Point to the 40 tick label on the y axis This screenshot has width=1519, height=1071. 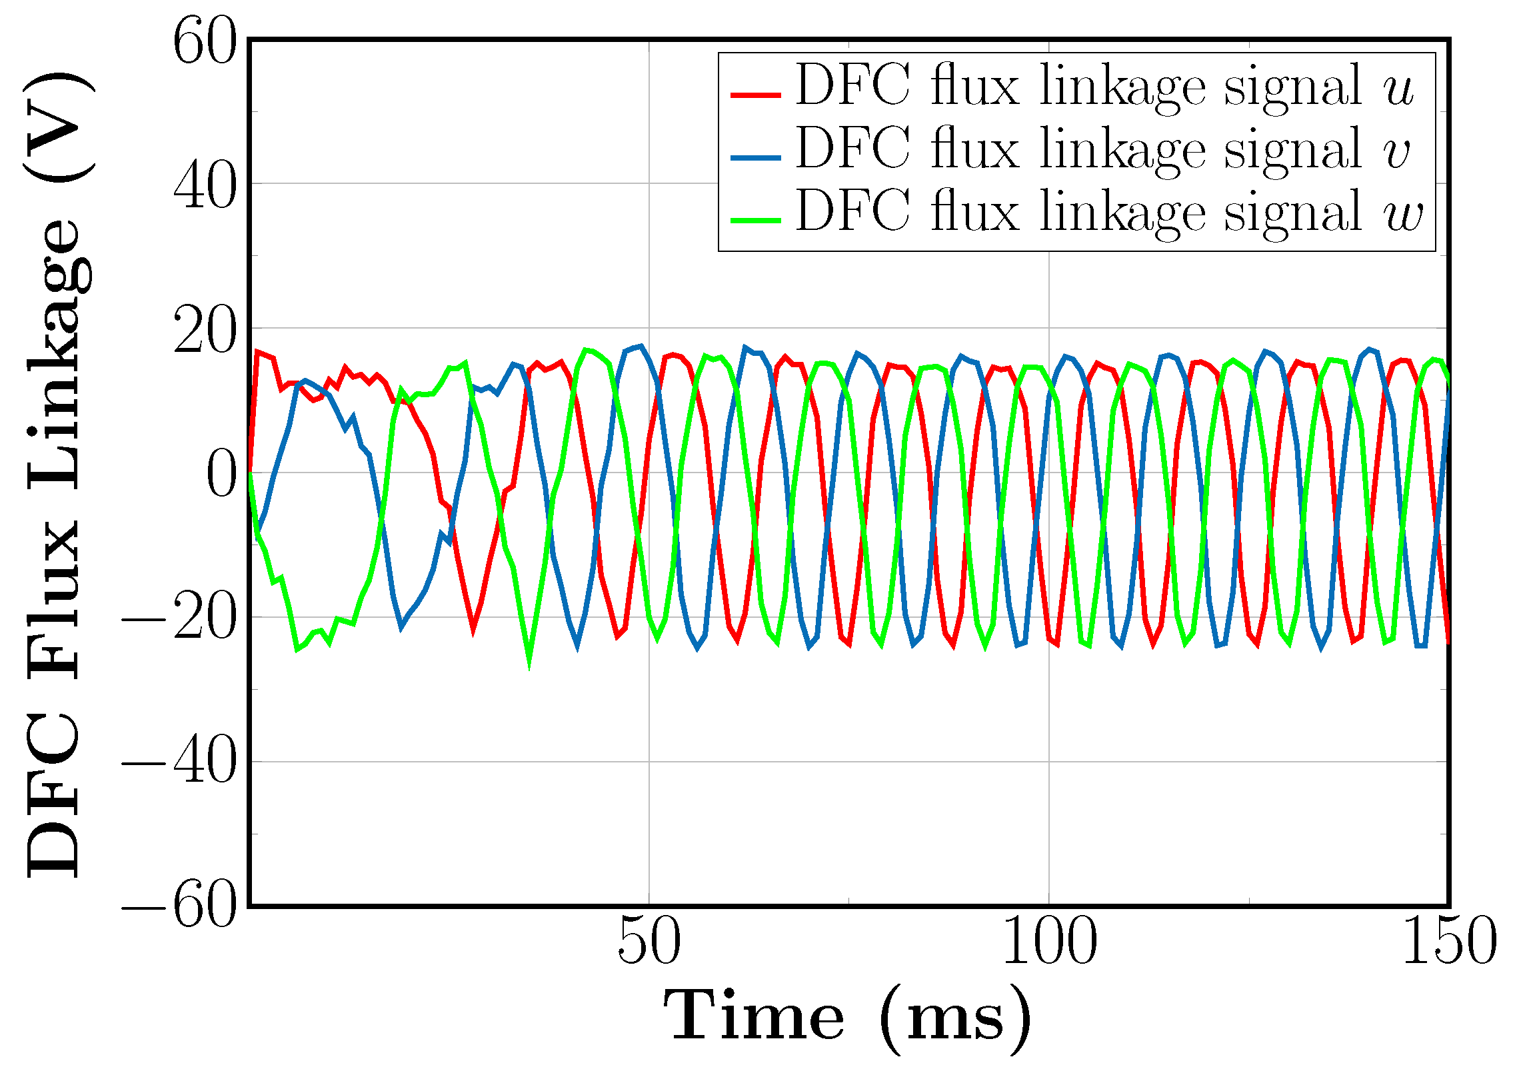tap(204, 187)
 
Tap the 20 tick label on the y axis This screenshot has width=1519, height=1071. tap(204, 331)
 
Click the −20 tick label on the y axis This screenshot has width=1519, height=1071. tap(179, 620)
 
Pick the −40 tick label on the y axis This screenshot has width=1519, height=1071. tap(179, 764)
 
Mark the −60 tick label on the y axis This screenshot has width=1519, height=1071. tap(179, 908)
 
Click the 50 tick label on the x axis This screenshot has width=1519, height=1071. tap(649, 942)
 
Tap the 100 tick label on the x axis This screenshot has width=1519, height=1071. tap(1048, 942)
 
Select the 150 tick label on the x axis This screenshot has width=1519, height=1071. tap(1449, 942)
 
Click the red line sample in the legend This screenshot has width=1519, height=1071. tap(755, 95)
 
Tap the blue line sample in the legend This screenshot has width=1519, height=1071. tap(755, 157)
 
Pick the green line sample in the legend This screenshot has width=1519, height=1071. tap(755, 220)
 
